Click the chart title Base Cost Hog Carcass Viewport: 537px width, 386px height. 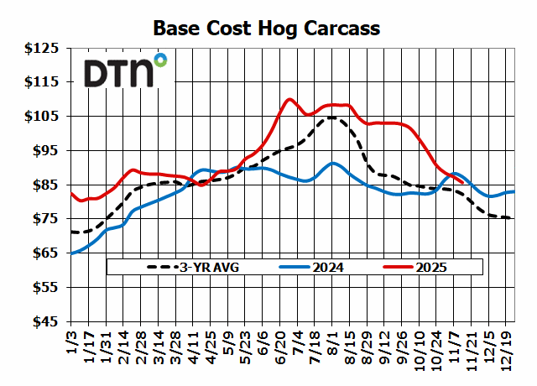(x=267, y=28)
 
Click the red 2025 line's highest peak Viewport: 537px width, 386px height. (x=289, y=99)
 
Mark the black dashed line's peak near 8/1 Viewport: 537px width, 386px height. (x=331, y=117)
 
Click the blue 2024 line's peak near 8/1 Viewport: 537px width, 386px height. (x=333, y=163)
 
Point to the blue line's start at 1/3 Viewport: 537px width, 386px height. (x=71, y=253)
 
